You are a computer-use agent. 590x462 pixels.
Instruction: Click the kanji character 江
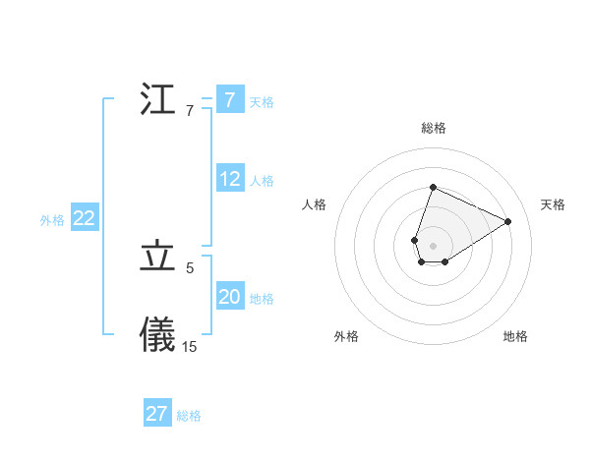157,100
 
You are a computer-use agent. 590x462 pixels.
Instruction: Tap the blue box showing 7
229,100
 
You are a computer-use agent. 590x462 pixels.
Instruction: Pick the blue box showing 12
230,179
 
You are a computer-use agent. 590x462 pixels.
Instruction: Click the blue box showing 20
230,297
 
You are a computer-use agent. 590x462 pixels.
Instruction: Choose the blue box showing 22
85,219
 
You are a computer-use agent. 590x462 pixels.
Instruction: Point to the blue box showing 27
157,414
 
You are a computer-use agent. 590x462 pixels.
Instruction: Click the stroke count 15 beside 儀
190,346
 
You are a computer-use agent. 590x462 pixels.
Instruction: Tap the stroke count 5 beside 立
190,267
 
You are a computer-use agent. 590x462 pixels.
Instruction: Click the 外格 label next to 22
52,220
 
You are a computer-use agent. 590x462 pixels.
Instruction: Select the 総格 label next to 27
189,416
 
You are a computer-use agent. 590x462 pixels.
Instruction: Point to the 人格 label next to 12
262,181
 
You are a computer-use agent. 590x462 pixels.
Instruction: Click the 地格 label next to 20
262,299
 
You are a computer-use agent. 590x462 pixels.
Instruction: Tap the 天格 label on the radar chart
553,204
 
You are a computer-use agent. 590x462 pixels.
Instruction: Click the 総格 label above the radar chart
434,128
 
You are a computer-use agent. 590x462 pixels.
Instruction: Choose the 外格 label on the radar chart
346,336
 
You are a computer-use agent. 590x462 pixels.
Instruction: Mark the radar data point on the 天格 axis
507,221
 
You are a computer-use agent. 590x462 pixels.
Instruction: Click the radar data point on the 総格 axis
433,188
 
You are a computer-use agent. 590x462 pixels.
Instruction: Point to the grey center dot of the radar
433,245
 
